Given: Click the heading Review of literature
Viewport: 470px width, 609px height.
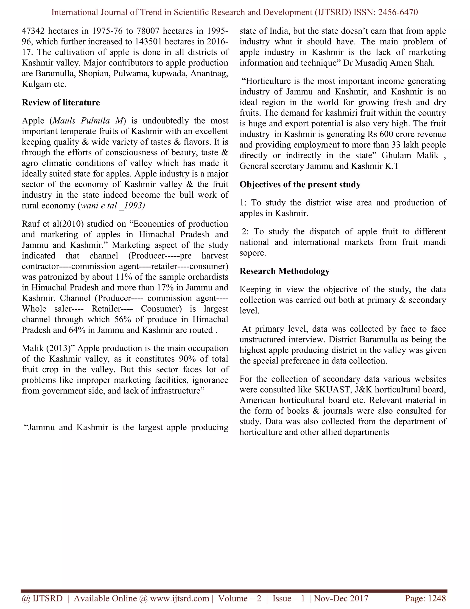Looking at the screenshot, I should click(x=61, y=103).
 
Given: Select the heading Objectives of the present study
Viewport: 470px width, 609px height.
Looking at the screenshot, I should click(x=300, y=185).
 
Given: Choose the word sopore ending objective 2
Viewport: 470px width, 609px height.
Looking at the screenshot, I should click(x=252, y=253).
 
